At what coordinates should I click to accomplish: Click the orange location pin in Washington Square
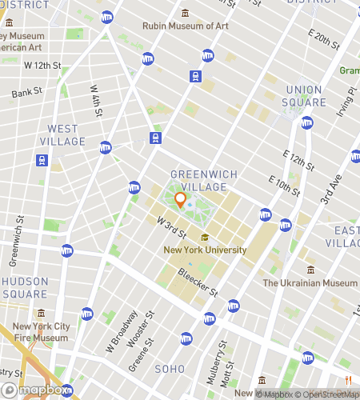(180, 200)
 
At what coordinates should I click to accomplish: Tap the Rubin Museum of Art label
(186, 26)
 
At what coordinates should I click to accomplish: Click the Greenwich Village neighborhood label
(199, 180)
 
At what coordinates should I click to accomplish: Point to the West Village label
(62, 135)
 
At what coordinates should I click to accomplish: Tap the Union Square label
(305, 96)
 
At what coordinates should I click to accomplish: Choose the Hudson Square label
(26, 288)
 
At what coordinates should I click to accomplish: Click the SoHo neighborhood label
(170, 369)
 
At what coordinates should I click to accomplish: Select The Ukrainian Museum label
(310, 283)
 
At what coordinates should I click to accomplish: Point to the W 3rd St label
(171, 227)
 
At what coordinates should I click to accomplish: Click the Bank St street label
(26, 94)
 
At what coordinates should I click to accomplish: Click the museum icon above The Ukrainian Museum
(310, 270)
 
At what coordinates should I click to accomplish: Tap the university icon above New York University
(205, 237)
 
